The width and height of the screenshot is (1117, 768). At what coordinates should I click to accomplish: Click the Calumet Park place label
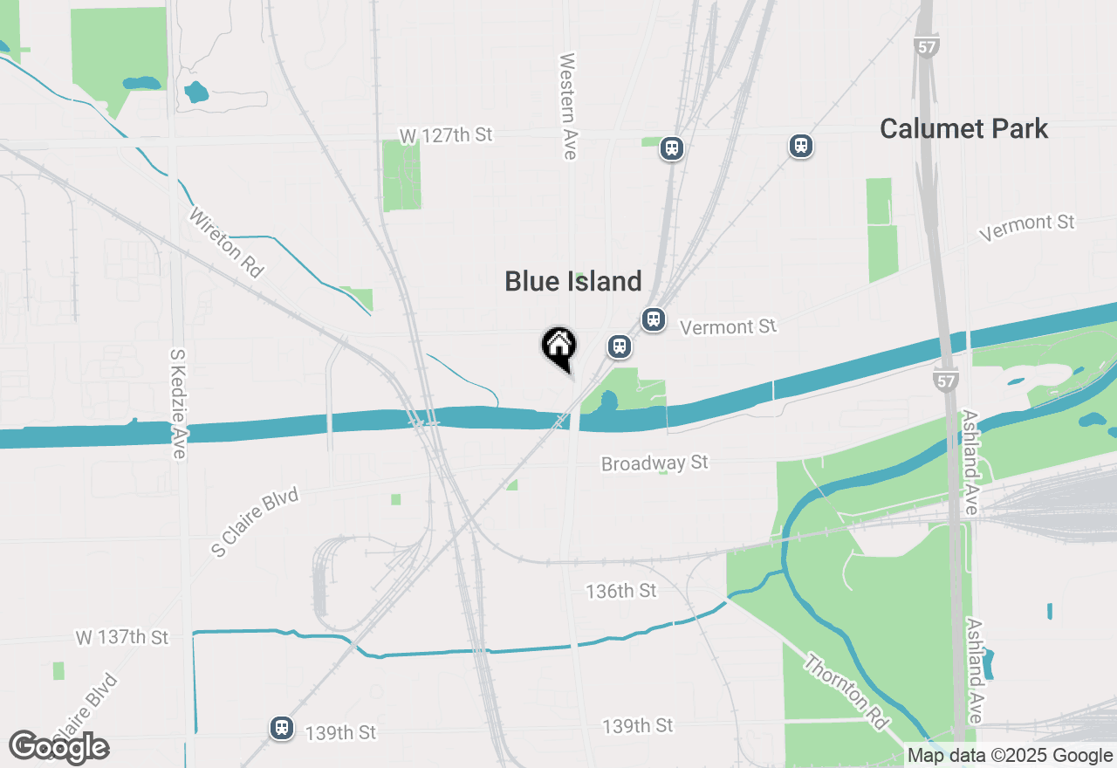[963, 129]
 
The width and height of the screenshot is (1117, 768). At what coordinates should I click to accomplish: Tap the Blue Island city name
[573, 281]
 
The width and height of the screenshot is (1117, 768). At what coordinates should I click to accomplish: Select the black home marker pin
[558, 347]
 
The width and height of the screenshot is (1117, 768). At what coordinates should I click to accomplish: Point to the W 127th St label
[446, 135]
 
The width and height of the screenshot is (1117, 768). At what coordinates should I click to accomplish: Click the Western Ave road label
[568, 106]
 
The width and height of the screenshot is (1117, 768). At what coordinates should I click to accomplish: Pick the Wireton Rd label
[225, 243]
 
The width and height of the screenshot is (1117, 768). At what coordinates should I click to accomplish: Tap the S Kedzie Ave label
[178, 404]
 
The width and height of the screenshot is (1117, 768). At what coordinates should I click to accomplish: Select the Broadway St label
[654, 463]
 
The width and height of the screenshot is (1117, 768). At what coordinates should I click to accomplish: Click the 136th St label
[621, 591]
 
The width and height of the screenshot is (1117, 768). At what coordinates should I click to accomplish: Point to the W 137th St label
[121, 637]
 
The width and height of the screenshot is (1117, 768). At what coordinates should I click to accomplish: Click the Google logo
[58, 747]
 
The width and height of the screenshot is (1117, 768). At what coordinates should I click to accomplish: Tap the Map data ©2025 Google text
[1010, 756]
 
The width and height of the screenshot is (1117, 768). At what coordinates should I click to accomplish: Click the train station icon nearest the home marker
[620, 346]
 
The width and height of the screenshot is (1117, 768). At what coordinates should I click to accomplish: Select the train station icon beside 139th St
[281, 727]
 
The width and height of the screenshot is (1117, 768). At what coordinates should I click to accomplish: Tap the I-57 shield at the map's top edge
[927, 46]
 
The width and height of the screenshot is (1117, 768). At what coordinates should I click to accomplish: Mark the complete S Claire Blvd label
[256, 522]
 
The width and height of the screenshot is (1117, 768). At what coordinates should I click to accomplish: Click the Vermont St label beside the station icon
[728, 327]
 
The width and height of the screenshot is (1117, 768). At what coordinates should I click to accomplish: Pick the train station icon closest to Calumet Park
[801, 146]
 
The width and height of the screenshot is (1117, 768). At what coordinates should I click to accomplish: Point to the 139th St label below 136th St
[638, 726]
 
